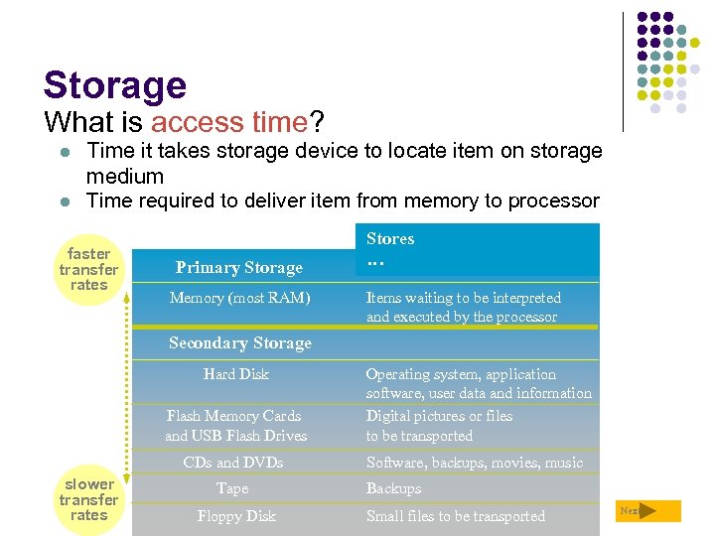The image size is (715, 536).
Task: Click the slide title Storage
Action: pyautogui.click(x=114, y=85)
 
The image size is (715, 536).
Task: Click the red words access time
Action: pyautogui.click(x=228, y=123)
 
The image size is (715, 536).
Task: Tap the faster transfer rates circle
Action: pyautogui.click(x=88, y=269)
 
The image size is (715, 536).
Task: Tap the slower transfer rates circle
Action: pyautogui.click(x=88, y=499)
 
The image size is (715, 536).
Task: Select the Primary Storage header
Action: pyautogui.click(x=238, y=267)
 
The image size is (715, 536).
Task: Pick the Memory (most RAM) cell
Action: pyautogui.click(x=239, y=298)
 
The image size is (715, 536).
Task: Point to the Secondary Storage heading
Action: pyautogui.click(x=239, y=343)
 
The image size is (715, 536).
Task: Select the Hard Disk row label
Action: pyautogui.click(x=236, y=374)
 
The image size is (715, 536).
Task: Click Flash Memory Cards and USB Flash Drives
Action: pyautogui.click(x=236, y=426)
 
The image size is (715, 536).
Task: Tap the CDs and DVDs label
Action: pyautogui.click(x=233, y=463)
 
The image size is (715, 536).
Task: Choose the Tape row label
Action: pyautogui.click(x=232, y=488)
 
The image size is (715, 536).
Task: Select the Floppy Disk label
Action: pyautogui.click(x=236, y=516)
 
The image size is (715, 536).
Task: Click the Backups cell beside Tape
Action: pyautogui.click(x=393, y=488)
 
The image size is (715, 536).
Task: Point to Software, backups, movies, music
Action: pyautogui.click(x=474, y=463)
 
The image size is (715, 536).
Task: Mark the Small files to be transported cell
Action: pyautogui.click(x=455, y=516)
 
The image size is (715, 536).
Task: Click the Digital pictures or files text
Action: pyautogui.click(x=439, y=416)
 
